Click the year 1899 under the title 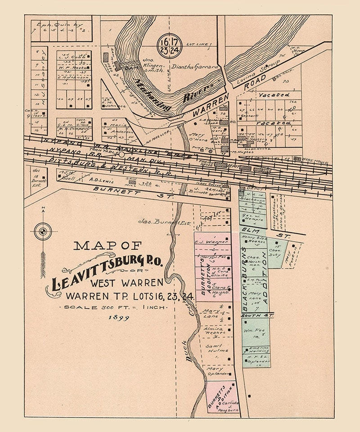click(x=118, y=318)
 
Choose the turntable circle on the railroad click(x=121, y=154)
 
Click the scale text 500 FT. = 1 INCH click(x=115, y=307)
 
